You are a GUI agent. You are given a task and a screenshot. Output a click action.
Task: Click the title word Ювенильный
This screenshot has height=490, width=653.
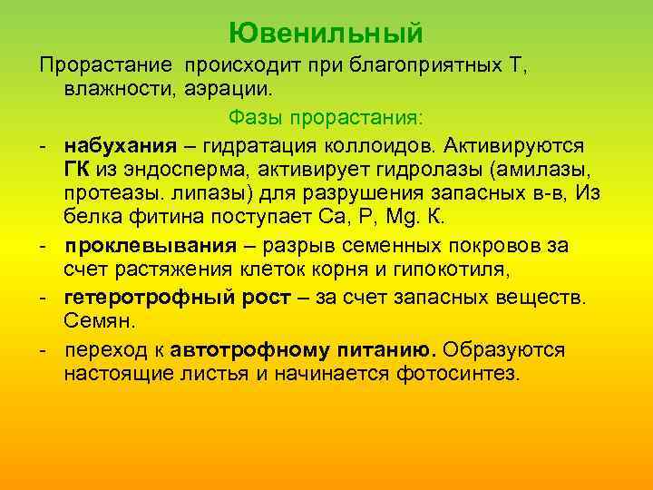click(x=326, y=34)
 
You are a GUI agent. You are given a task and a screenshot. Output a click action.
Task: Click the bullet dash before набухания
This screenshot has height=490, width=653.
click(x=43, y=146)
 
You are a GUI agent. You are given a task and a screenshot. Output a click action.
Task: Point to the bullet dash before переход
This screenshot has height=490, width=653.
click(x=43, y=350)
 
